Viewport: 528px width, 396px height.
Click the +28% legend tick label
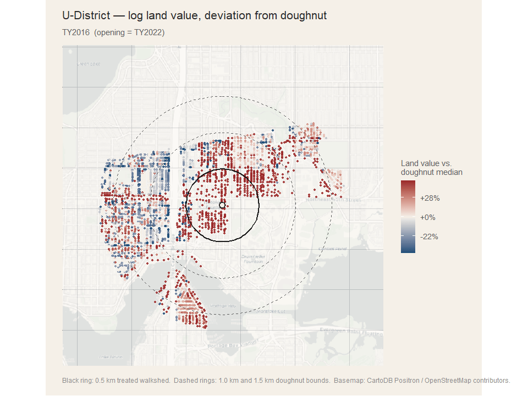click(x=430, y=198)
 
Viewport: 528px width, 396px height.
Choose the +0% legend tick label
click(x=428, y=217)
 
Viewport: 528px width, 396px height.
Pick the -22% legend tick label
click(x=428, y=237)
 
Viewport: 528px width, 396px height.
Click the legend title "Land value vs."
click(x=426, y=163)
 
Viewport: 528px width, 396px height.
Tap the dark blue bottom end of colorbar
click(x=409, y=249)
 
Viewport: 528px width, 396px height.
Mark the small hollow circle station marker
click(x=222, y=205)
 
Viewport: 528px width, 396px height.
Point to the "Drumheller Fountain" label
click(x=253, y=258)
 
